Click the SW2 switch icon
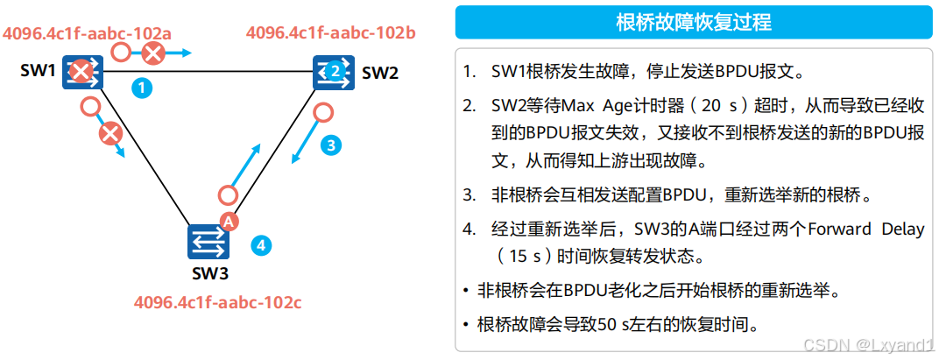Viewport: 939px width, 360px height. tap(332, 72)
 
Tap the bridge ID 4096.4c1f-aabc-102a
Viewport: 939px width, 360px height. tap(87, 33)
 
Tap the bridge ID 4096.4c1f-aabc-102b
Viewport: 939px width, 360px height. tap(330, 33)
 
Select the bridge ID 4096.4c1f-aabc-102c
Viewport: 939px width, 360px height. tap(217, 303)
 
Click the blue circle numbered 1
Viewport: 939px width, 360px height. tap(141, 87)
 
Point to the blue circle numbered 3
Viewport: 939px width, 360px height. tap(329, 145)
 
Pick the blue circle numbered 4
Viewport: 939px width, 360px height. tap(260, 244)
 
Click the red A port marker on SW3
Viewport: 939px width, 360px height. tap(228, 222)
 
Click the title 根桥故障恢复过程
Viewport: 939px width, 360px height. tap(694, 22)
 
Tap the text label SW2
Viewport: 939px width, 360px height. tap(380, 73)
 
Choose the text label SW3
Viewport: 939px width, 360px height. tap(210, 273)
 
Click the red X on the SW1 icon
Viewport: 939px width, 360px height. tap(80, 72)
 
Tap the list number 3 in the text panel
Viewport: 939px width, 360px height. tap(469, 194)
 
